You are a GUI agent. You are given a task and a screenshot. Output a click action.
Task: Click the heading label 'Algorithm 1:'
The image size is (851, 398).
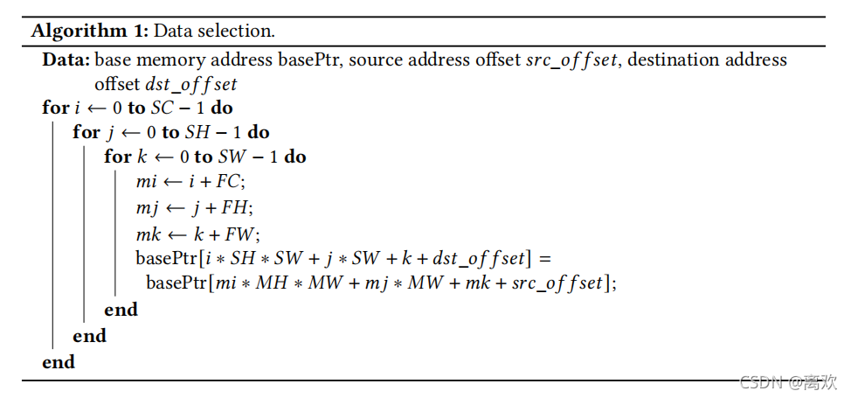pos(91,31)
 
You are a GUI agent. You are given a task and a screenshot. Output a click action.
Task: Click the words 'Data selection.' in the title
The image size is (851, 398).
pos(214,31)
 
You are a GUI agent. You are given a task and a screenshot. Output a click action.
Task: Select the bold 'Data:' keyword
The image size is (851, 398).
pos(66,60)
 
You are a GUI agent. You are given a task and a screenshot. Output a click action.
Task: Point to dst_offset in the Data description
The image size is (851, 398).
pos(197,85)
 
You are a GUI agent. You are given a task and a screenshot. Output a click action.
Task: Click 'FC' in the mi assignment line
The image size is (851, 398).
pos(231,183)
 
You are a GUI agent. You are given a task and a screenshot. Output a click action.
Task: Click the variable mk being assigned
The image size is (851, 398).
pos(147,234)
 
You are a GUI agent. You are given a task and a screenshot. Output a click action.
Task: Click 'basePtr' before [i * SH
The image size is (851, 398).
pos(166,258)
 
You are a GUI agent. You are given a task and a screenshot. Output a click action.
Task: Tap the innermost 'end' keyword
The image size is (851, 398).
pos(121,310)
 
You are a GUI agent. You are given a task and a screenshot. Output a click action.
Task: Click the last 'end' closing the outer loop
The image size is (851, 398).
pos(59,361)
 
